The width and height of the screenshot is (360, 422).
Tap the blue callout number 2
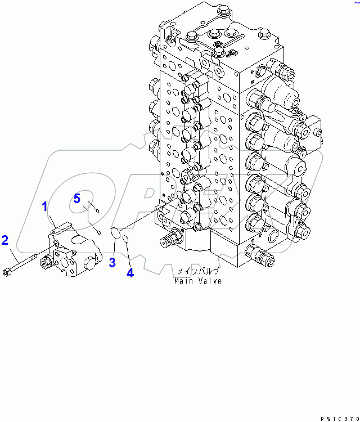[5, 240]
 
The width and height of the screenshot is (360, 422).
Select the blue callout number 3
[112, 262]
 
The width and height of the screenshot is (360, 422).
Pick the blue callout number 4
[130, 273]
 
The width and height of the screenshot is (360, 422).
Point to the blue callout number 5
[77, 198]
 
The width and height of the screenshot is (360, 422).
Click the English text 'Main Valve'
[197, 281]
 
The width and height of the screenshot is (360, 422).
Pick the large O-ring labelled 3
[114, 232]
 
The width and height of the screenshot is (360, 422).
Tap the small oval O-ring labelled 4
[127, 240]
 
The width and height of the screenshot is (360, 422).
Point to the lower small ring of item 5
[99, 231]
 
